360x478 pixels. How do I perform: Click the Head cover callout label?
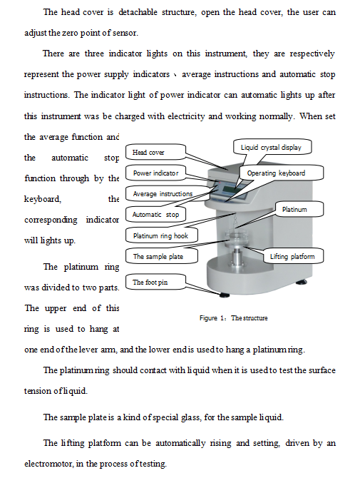(x=155, y=152)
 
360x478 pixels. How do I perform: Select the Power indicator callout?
(x=155, y=173)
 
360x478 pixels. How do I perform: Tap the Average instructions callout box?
(x=163, y=193)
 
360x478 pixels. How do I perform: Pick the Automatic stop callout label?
(x=155, y=214)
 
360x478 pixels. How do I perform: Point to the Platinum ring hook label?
(x=161, y=235)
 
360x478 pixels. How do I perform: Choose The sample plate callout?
(x=161, y=256)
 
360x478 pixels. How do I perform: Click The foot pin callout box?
(x=155, y=282)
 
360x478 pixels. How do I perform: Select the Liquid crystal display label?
(x=272, y=147)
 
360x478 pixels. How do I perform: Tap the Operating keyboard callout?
(x=281, y=173)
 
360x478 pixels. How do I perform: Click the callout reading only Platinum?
(x=299, y=209)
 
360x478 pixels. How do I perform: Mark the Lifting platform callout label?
(x=293, y=256)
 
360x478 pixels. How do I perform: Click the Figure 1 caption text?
(x=233, y=318)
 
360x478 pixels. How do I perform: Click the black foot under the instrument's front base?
(x=224, y=295)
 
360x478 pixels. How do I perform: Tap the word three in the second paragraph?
(x=94, y=54)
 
